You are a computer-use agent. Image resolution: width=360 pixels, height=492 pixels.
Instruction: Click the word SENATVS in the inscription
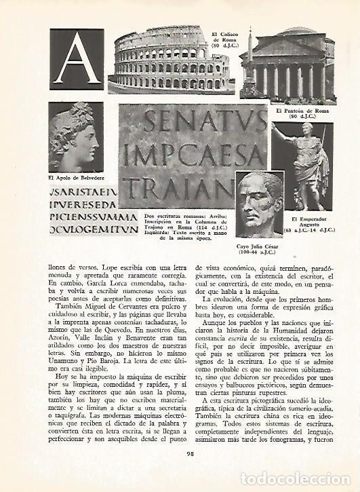(194, 124)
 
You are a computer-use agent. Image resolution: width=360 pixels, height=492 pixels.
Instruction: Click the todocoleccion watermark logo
(298, 479)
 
